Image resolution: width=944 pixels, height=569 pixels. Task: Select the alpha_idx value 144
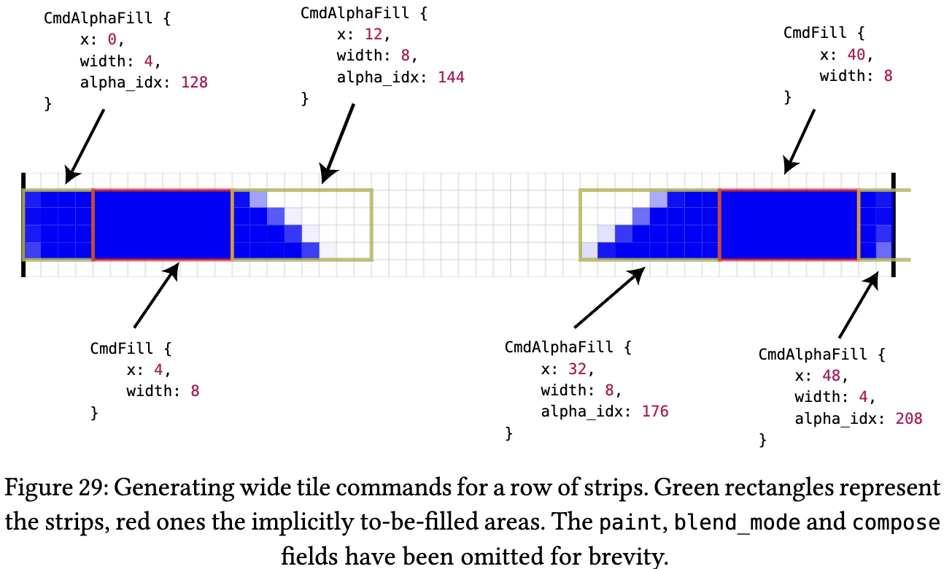(451, 77)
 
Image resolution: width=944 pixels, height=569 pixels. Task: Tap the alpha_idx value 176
(654, 411)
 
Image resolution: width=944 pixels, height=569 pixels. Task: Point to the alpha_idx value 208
(908, 419)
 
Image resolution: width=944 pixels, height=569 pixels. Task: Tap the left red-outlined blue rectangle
(162, 224)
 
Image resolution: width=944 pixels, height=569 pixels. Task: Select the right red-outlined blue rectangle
(789, 224)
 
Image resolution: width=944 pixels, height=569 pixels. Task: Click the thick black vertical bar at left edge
(23, 225)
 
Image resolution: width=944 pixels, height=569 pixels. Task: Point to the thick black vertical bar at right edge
(893, 225)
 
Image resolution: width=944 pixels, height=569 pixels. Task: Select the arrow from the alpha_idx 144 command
(338, 142)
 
